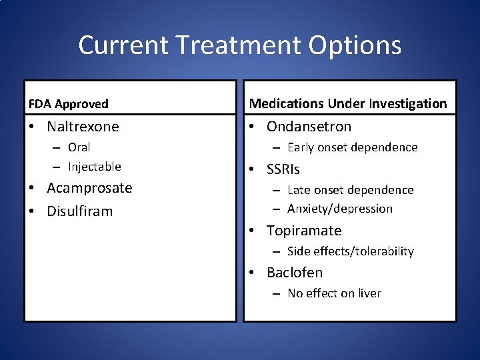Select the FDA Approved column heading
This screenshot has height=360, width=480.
[x=68, y=104]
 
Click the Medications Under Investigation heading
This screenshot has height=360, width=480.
[x=348, y=103]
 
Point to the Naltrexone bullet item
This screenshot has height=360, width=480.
[x=83, y=127]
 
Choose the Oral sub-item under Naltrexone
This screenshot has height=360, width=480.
[x=79, y=147]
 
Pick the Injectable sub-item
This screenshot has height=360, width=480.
[x=94, y=167]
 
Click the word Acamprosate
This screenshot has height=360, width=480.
[x=89, y=188]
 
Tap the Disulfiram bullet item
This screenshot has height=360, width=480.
[x=79, y=211]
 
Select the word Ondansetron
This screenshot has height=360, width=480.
[x=309, y=127]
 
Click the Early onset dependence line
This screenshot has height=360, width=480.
[x=352, y=147]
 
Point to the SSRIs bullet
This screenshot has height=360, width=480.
[x=283, y=170]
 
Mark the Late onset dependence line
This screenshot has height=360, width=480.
[x=350, y=191]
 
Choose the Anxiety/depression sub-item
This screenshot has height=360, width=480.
[x=339, y=209]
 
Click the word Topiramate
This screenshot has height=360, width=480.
[x=303, y=231]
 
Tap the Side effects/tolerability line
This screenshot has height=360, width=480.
[x=350, y=251]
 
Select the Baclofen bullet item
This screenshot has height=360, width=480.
[x=294, y=273]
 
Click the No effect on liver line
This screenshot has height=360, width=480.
[x=334, y=293]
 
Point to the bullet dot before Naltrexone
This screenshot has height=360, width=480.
[x=32, y=127]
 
